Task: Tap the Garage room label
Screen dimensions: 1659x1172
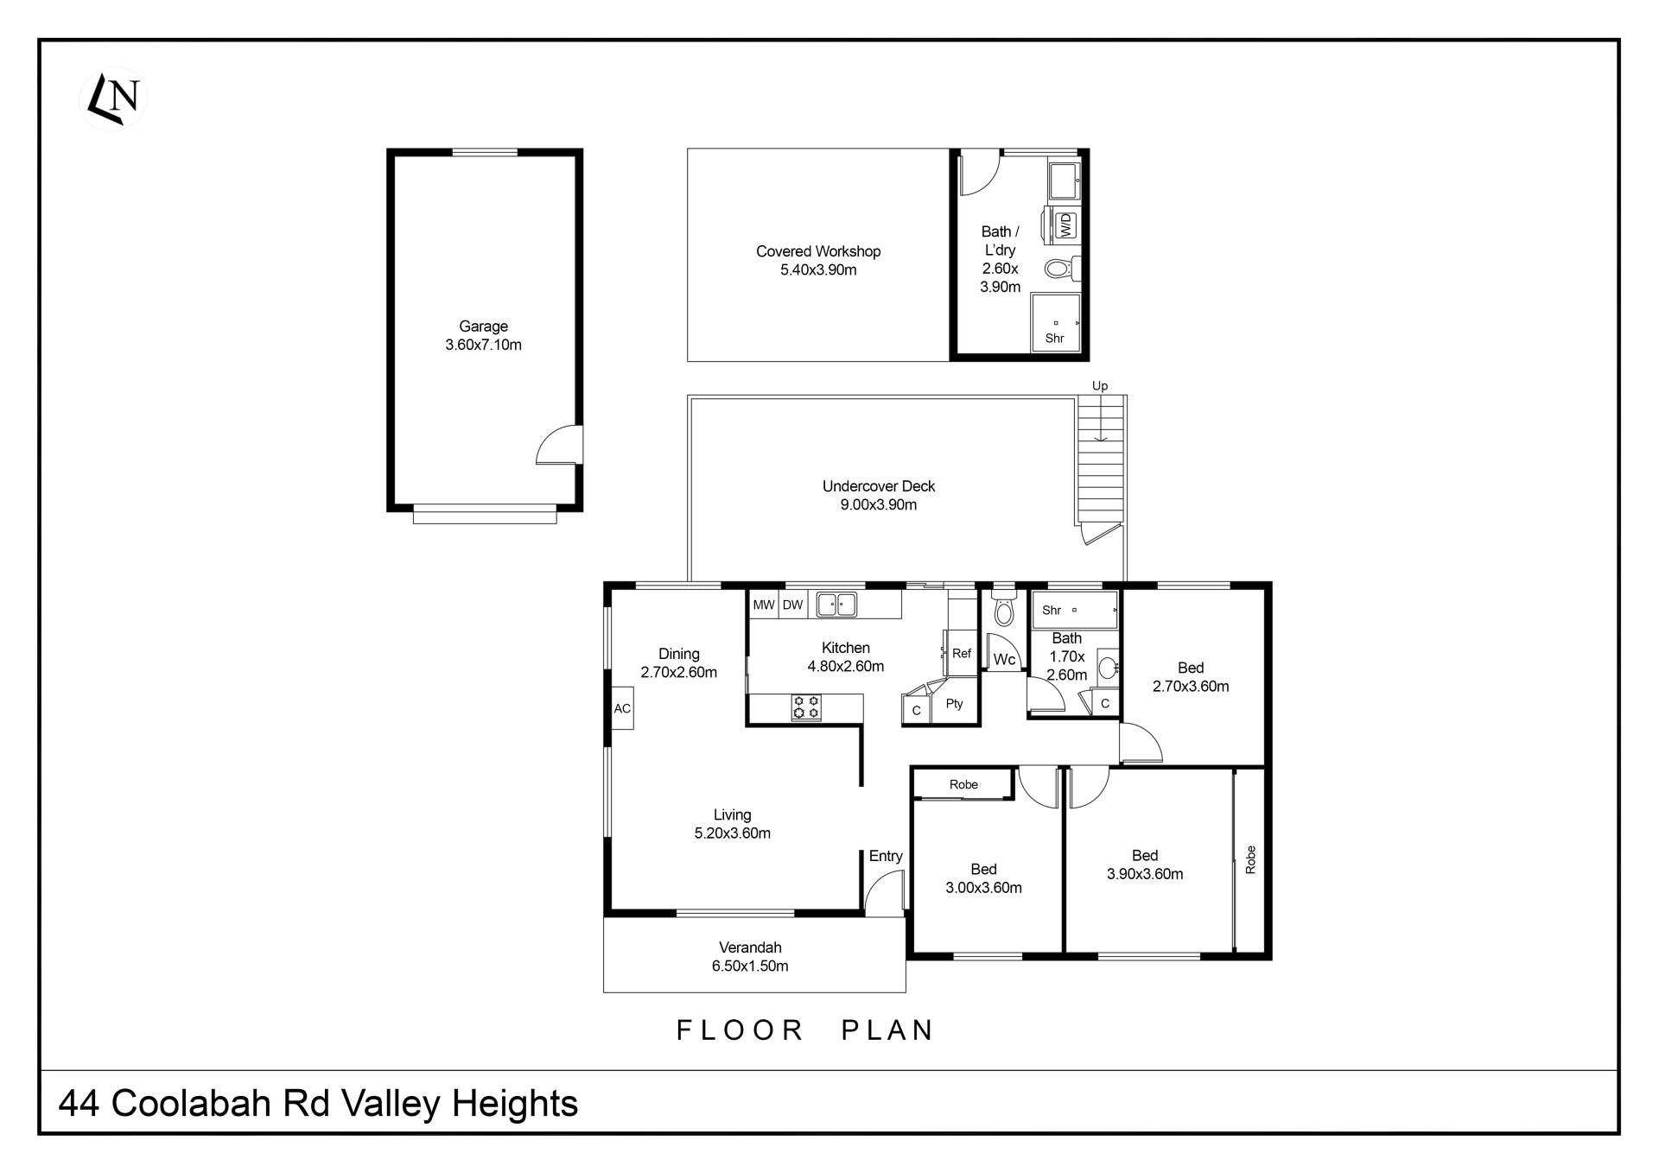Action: pos(483,326)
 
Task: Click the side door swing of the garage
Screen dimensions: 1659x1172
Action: pos(558,445)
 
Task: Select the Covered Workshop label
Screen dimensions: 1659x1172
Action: pos(818,251)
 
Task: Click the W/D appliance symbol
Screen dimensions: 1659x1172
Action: pos(1065,225)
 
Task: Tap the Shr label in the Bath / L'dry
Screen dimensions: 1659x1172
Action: pos(1054,339)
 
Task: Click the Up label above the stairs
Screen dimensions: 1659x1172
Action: pos(1100,386)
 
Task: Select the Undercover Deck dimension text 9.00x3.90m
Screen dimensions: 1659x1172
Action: pos(879,504)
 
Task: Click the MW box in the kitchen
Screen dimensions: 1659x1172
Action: pos(764,605)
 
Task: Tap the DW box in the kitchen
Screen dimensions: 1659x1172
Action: pos(793,605)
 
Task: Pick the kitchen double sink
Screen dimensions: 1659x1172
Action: pos(836,605)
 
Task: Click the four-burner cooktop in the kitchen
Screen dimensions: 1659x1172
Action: pos(806,707)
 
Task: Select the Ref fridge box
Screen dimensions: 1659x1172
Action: pos(962,654)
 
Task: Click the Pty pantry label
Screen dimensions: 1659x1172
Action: pos(954,704)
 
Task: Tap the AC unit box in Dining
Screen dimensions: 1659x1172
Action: pos(622,708)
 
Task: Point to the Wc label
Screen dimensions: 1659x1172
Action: pos(1004,660)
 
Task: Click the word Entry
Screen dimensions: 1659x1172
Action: pos(886,856)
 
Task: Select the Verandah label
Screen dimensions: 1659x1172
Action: pos(750,947)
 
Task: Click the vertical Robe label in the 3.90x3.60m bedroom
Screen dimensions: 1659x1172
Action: pos(1250,860)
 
